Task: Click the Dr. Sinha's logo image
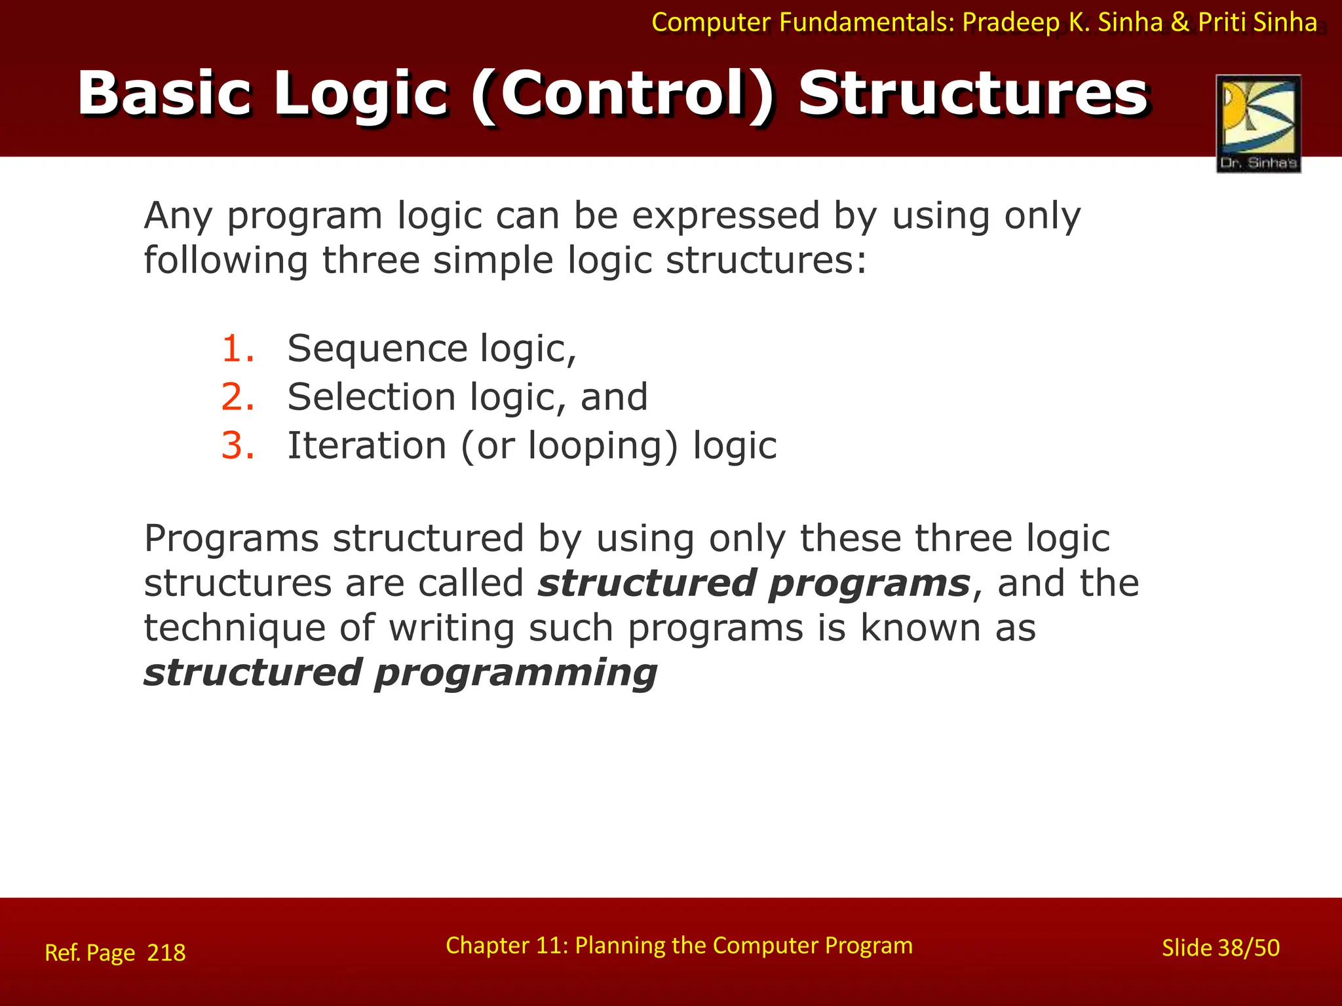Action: click(x=1258, y=123)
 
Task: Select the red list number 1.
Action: click(x=237, y=348)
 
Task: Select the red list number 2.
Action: click(x=237, y=398)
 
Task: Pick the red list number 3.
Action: click(x=237, y=446)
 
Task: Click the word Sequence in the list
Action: click(x=377, y=348)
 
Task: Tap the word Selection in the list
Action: click(x=372, y=398)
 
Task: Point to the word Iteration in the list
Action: click(x=367, y=446)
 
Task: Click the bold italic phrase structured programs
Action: click(x=754, y=583)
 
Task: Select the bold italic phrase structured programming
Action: click(x=400, y=673)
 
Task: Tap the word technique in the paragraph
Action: click(x=235, y=628)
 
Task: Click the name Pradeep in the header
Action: click(x=1010, y=23)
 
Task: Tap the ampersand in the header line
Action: click(x=1179, y=23)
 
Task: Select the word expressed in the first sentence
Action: click(x=726, y=215)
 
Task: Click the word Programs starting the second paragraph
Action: click(x=231, y=538)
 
